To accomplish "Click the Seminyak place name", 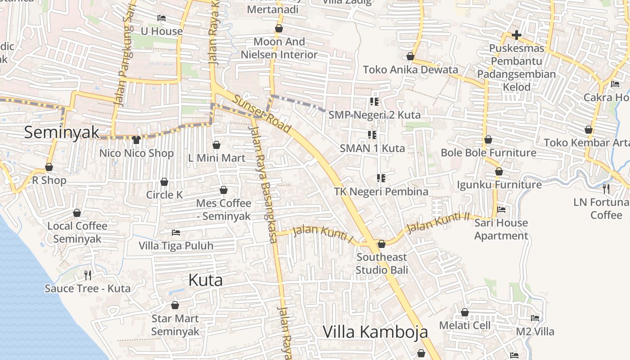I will (x=62, y=132).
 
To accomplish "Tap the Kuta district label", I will (x=205, y=280).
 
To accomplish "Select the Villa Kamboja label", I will (x=375, y=332).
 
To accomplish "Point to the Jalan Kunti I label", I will (x=323, y=233).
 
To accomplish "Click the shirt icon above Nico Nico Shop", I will (x=136, y=139).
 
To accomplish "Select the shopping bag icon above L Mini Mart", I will (x=216, y=145).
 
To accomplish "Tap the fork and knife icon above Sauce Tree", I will (x=88, y=275).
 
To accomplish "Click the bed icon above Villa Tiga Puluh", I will (x=176, y=233).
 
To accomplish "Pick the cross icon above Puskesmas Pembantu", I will (x=517, y=35).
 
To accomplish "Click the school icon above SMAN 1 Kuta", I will (x=372, y=135).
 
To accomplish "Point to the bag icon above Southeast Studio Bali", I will (x=382, y=244).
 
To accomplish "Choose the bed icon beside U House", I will (x=162, y=18).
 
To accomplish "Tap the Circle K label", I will (x=164, y=195).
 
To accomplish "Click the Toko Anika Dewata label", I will (x=410, y=70).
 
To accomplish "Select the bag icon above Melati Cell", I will (x=465, y=312).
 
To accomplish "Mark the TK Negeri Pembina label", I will (x=381, y=191).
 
